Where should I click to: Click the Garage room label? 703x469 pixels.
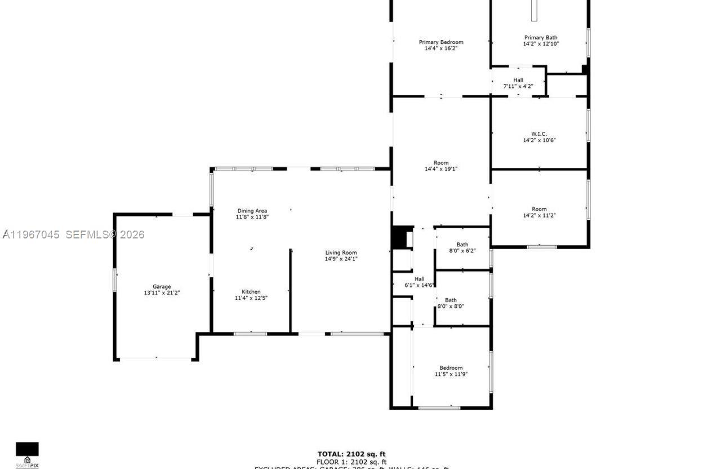click(162, 286)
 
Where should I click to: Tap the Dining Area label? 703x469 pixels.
click(252, 211)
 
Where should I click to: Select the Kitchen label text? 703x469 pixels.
click(251, 291)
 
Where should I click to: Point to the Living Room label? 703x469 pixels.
click(341, 253)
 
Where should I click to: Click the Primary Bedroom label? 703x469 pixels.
click(441, 42)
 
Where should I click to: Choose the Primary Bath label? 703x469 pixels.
click(541, 38)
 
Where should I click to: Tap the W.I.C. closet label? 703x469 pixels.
click(539, 134)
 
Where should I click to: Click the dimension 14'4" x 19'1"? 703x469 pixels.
click(441, 169)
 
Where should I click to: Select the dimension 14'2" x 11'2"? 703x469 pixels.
click(539, 215)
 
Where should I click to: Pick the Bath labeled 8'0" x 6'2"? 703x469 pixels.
click(462, 247)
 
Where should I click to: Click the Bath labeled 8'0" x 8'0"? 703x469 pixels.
click(451, 303)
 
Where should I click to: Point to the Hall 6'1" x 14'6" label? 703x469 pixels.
click(419, 282)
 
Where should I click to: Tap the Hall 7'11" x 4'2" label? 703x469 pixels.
click(518, 83)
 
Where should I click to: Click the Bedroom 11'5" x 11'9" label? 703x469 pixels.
click(451, 371)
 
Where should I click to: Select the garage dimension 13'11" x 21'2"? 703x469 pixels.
click(162, 293)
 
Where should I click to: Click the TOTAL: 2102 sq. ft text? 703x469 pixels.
click(351, 454)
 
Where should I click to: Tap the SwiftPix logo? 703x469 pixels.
click(27, 454)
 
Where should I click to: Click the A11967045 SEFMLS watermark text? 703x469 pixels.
click(73, 235)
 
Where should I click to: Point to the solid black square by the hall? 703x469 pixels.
click(399, 237)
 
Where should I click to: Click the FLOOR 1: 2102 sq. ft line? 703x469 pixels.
click(351, 462)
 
